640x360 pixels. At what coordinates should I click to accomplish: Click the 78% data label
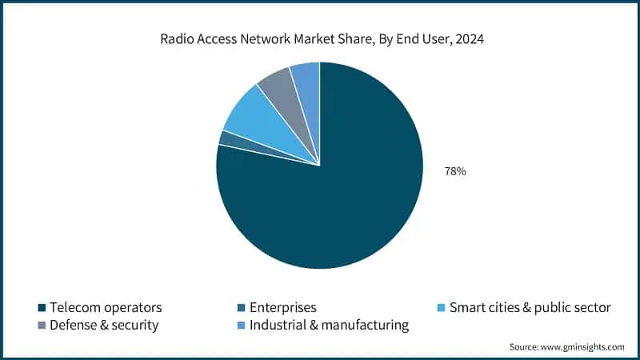point(455,171)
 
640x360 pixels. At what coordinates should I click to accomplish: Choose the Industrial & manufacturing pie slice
point(306,75)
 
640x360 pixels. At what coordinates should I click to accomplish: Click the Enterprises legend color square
point(242,308)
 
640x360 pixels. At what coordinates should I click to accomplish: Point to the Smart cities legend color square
point(442,308)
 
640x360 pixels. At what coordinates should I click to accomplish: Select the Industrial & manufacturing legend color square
point(242,326)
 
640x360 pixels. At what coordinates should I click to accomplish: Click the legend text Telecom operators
point(106,308)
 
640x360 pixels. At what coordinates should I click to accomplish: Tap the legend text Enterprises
point(282,308)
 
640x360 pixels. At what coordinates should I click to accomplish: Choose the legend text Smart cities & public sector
point(530,308)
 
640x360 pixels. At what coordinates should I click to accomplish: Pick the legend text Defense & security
point(104,326)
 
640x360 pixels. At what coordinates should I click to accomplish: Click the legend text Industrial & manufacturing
point(329,326)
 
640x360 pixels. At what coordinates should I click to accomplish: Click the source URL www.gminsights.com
point(584,347)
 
